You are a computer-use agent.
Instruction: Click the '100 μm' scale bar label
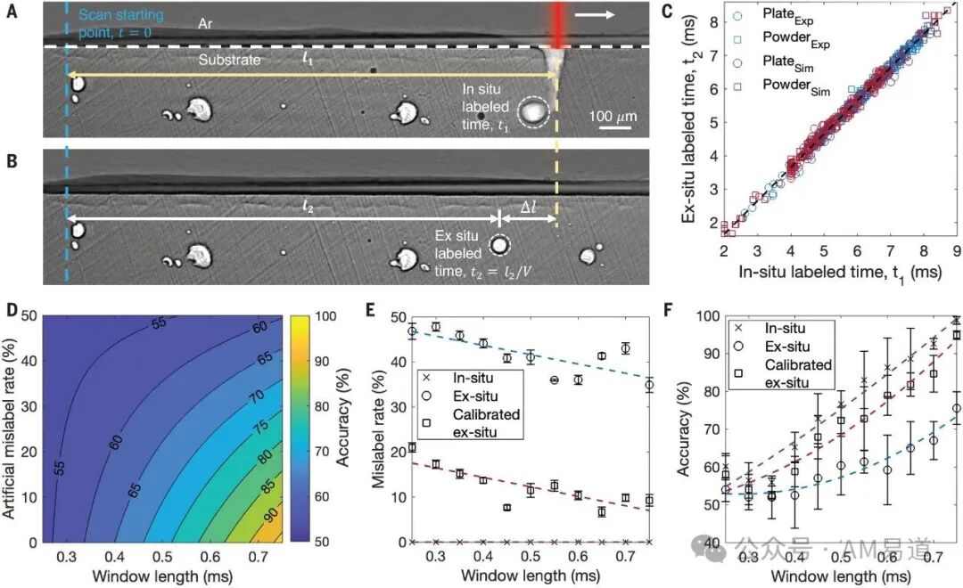(613, 117)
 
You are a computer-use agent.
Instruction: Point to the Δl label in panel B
(528, 207)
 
